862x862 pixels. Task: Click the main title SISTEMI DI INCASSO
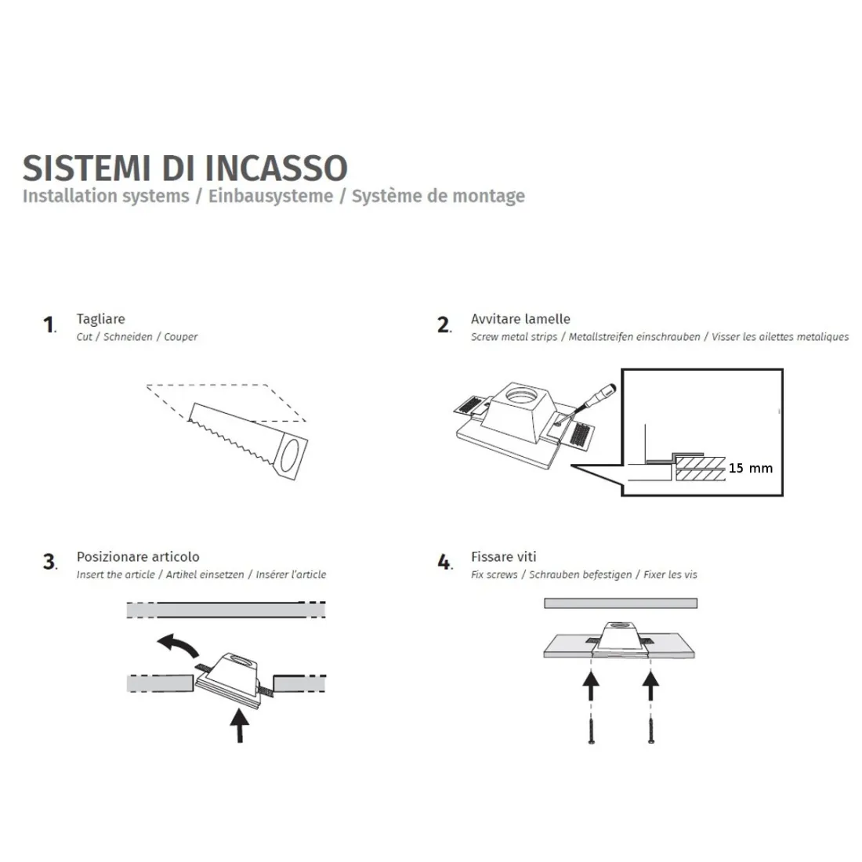[x=185, y=168]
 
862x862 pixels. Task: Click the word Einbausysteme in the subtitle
[x=270, y=196]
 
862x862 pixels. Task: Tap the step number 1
[x=49, y=324]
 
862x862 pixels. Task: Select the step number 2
[x=444, y=324]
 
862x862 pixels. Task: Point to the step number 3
[x=49, y=562]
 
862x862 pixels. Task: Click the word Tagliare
[x=100, y=319]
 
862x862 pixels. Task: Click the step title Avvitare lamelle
[x=520, y=319]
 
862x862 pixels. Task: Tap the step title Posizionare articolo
[x=138, y=556]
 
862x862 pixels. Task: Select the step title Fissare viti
[x=503, y=556]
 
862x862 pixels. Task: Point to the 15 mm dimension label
[x=750, y=468]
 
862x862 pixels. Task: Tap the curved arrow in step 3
[x=178, y=645]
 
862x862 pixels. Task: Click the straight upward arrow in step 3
[x=239, y=724]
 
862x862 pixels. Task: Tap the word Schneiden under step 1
[x=128, y=337]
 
